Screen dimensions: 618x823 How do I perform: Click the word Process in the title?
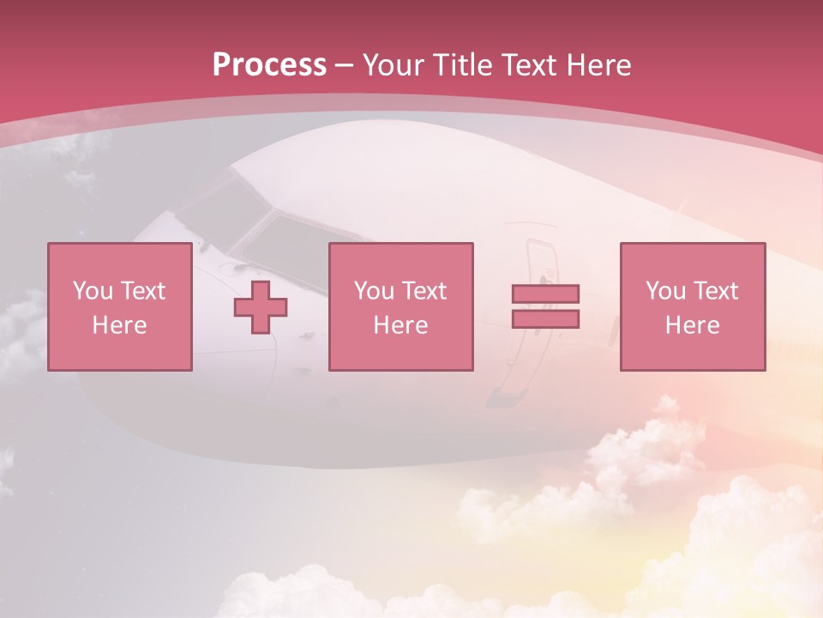click(269, 65)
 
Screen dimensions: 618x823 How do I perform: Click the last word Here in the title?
click(598, 65)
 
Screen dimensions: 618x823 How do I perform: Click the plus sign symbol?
click(261, 307)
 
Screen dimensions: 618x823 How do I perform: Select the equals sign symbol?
click(545, 306)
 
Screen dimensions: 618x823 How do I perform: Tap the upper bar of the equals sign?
click(545, 294)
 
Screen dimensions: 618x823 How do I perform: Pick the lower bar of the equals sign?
click(545, 318)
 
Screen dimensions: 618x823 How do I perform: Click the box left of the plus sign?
click(119, 306)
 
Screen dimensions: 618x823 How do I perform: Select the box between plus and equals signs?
click(400, 306)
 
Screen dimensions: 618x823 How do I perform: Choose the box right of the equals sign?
click(692, 306)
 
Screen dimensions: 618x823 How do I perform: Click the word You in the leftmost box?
click(93, 291)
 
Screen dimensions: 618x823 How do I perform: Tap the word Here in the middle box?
click(400, 325)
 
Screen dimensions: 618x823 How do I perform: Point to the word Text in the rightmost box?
click(715, 291)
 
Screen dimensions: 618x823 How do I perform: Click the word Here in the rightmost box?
click(692, 325)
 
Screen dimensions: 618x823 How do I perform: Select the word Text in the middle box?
click(424, 291)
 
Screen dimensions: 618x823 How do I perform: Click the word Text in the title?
click(526, 65)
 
